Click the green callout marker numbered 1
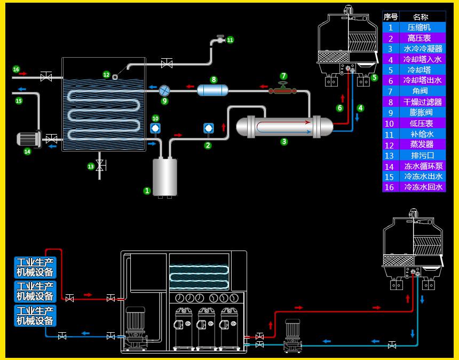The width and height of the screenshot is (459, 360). (147, 190)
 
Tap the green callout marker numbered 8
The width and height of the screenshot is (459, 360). (213, 80)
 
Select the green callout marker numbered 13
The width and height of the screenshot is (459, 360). (91, 167)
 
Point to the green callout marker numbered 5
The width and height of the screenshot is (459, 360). (374, 77)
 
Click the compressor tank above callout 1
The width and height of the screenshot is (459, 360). (165, 177)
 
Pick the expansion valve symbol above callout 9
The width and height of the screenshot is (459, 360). (164, 90)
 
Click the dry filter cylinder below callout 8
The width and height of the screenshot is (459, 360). (212, 90)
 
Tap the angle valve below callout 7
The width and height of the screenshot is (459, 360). (283, 90)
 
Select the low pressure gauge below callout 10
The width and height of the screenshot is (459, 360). (155, 128)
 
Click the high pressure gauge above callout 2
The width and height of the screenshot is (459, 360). (208, 129)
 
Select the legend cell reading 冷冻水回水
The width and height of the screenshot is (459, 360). (423, 187)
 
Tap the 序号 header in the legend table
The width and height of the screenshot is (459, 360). (390, 17)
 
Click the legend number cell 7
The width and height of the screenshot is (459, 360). (390, 91)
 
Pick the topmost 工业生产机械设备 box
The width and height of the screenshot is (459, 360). (35, 267)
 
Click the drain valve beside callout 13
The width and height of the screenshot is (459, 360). (99, 164)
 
